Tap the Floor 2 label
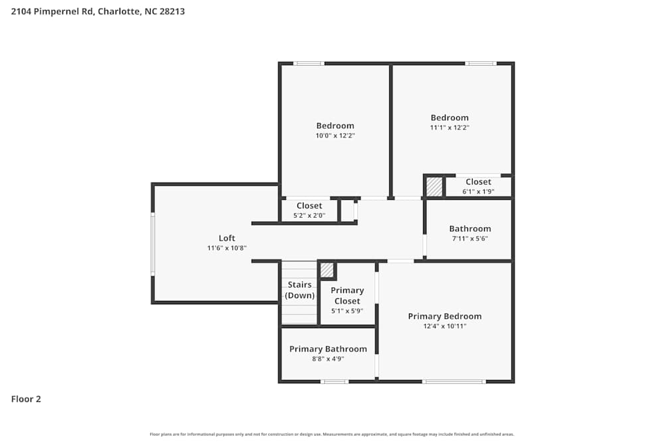click(26, 399)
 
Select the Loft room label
click(227, 238)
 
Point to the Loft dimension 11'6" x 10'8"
click(227, 248)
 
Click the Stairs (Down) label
click(300, 290)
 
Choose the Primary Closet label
click(347, 296)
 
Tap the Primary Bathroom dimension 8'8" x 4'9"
click(328, 359)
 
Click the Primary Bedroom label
click(444, 316)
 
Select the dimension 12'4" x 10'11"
click(444, 326)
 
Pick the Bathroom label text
click(470, 228)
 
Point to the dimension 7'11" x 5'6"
click(470, 238)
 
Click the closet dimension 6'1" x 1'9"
click(478, 191)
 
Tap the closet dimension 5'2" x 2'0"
click(309, 215)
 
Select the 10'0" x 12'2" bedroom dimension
click(335, 135)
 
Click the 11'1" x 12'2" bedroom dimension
click(450, 128)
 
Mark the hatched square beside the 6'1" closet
click(434, 187)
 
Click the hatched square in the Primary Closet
click(327, 270)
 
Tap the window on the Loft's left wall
click(153, 244)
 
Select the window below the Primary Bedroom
click(454, 381)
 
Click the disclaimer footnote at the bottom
click(332, 434)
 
